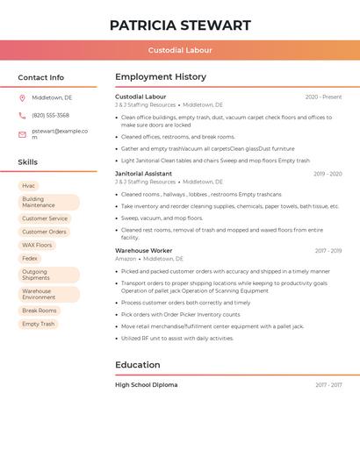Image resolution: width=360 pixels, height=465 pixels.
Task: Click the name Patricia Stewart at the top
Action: click(180, 25)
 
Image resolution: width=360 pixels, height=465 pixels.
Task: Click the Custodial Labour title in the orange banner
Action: click(180, 50)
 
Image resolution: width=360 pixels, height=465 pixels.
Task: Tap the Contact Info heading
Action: click(40, 77)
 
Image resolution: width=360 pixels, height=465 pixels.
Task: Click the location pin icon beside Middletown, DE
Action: click(22, 98)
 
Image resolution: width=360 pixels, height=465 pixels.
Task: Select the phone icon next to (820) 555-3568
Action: click(22, 115)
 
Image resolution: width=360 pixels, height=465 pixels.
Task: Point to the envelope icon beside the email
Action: click(22, 134)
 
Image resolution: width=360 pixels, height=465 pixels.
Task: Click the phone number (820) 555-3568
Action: click(50, 115)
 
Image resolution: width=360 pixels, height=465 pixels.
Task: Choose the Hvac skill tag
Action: click(29, 186)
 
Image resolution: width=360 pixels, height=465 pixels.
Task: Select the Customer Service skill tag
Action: click(45, 218)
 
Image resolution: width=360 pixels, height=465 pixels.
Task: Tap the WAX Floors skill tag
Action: click(37, 245)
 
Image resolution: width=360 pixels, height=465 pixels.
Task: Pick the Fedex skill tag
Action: click(30, 259)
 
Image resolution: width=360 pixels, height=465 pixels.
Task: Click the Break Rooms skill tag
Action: click(39, 311)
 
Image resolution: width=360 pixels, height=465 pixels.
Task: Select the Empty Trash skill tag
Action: click(38, 324)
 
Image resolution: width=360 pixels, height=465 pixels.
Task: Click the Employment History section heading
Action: click(160, 77)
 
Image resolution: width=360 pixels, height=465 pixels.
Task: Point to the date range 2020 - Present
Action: click(323, 97)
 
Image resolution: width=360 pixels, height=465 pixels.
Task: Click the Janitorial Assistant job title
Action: click(143, 174)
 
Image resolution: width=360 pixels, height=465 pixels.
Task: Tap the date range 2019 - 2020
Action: click(327, 174)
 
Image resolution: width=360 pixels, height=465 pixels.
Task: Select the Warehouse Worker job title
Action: click(143, 251)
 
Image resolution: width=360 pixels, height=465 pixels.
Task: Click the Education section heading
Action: click(137, 365)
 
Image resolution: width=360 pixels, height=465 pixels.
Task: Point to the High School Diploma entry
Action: click(146, 384)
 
